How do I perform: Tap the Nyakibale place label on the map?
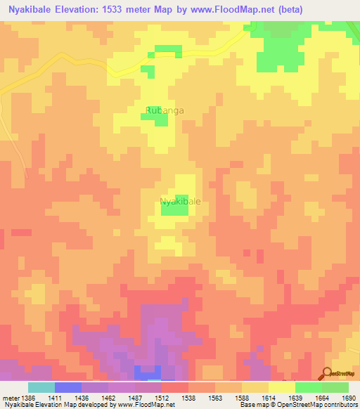click(181, 202)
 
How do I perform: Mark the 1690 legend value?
click(348, 398)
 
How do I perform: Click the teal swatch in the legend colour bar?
click(41, 387)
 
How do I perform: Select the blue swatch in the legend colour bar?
click(67, 387)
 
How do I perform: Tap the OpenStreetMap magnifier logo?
click(327, 373)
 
